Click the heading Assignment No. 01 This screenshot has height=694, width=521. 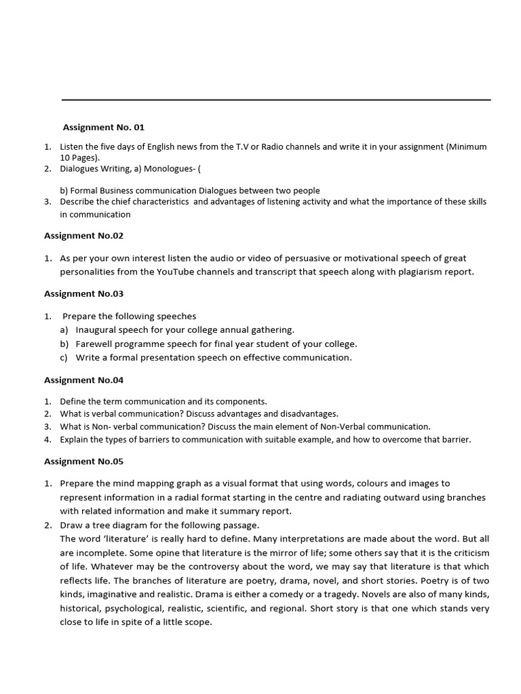(x=104, y=127)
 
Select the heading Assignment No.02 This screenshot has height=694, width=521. (x=83, y=236)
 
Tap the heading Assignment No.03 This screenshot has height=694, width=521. (x=83, y=293)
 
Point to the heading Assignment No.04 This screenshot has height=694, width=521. (x=83, y=380)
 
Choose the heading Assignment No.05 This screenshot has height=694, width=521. (x=83, y=462)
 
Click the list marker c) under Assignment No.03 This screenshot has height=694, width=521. (x=64, y=358)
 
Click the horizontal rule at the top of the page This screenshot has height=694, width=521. (x=276, y=100)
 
